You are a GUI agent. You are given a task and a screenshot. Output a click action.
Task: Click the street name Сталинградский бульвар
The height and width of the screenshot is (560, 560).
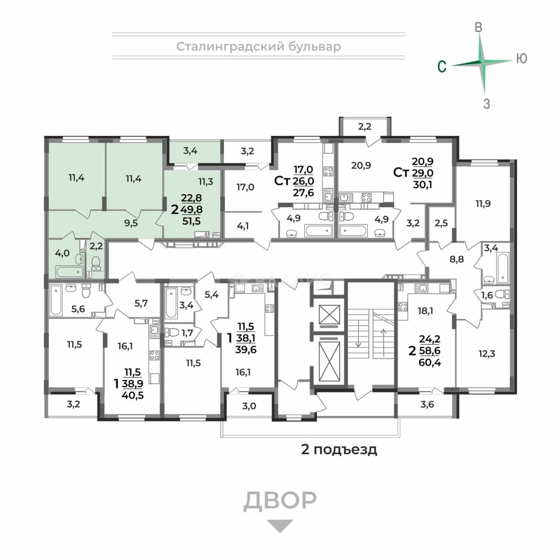click(x=259, y=47)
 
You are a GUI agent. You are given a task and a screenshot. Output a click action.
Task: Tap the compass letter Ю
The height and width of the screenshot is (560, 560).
click(x=522, y=58)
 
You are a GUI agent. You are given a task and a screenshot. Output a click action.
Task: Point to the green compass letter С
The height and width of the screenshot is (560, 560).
click(x=442, y=66)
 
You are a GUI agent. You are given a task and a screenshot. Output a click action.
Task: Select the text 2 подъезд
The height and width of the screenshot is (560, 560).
click(x=339, y=449)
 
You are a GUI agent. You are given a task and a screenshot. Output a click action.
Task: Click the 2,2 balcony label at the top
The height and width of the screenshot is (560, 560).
click(x=365, y=126)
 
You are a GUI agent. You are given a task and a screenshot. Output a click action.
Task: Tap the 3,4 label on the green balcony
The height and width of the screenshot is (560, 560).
click(x=190, y=151)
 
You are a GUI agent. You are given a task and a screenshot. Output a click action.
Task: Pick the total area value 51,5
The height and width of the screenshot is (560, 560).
click(x=191, y=221)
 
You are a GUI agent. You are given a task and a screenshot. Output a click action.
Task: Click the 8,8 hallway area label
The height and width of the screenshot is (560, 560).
click(x=457, y=259)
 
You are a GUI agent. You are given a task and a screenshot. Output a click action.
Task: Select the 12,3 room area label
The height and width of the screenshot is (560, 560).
click(x=487, y=354)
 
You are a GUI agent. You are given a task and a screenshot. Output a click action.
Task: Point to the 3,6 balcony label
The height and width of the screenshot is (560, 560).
click(x=427, y=404)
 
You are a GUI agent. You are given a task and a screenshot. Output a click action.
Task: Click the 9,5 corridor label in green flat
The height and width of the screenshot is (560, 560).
click(x=131, y=223)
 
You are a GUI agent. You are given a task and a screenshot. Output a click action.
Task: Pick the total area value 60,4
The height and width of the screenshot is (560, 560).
click(x=430, y=362)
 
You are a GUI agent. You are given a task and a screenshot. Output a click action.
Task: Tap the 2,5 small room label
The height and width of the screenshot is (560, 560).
click(x=441, y=223)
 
